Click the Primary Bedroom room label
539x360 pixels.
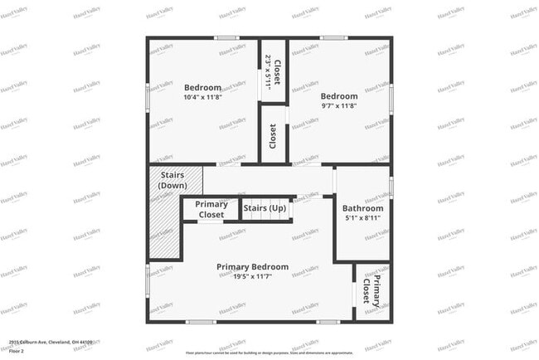point(252,266)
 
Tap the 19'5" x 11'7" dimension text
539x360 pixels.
point(252,276)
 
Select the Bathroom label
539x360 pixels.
point(362,208)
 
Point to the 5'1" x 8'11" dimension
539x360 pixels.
point(362,218)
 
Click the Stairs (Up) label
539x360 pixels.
point(265,207)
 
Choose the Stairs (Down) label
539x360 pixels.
point(172,180)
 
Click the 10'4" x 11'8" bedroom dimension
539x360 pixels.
point(202,98)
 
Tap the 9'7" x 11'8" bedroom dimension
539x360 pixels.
point(339,106)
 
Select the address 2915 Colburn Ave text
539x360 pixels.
point(51,341)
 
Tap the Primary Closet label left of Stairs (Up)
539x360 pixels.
point(211,209)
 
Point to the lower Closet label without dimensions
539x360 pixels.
point(273,136)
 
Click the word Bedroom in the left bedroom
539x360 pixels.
point(202,88)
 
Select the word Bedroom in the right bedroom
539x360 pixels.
point(339,96)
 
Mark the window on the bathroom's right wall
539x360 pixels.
point(391,186)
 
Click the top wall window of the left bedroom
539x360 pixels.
point(226,38)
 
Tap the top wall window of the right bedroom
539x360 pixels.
point(334,38)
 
